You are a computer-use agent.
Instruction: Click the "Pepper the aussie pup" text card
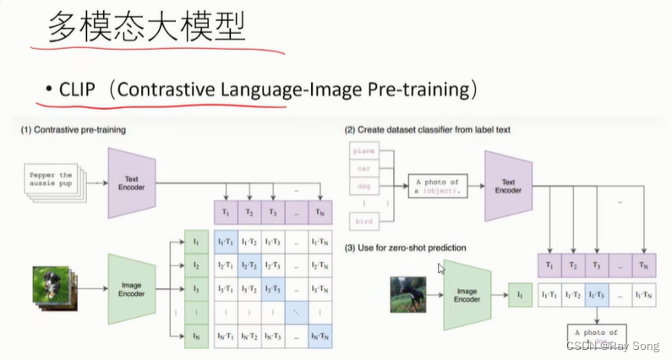click(52, 180)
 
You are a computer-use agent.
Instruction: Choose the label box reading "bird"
click(366, 221)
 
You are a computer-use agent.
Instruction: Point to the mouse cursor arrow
click(441, 269)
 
